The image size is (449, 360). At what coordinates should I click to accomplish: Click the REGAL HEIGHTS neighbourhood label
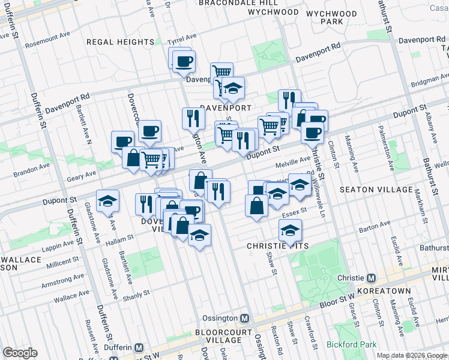(120, 42)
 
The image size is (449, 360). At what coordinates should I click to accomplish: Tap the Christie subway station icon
(372, 278)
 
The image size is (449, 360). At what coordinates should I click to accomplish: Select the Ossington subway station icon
(244, 318)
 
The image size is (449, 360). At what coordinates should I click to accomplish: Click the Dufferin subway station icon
(139, 347)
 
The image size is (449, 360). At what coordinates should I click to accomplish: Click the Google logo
(20, 353)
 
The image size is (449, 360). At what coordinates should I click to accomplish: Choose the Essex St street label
(295, 211)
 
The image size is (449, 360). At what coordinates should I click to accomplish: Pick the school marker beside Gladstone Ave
(108, 201)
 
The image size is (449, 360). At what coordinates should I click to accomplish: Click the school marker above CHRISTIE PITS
(290, 230)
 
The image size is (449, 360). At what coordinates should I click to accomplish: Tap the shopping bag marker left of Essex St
(256, 205)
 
